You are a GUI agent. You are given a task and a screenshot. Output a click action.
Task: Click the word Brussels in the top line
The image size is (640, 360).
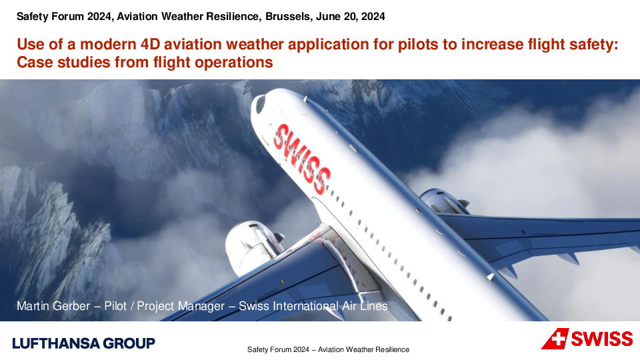coord(287,16)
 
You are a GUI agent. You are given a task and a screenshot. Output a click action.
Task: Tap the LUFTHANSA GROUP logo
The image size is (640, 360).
coord(84,343)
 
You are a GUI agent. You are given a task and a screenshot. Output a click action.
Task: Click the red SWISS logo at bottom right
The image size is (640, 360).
coord(587,339)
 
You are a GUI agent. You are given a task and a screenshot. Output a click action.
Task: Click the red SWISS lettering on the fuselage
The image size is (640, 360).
coord(301,159)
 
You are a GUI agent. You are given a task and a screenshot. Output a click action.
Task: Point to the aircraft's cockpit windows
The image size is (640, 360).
coord(260,104)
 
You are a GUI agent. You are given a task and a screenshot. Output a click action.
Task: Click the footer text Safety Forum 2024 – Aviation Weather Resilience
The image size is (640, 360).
coord(328,350)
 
